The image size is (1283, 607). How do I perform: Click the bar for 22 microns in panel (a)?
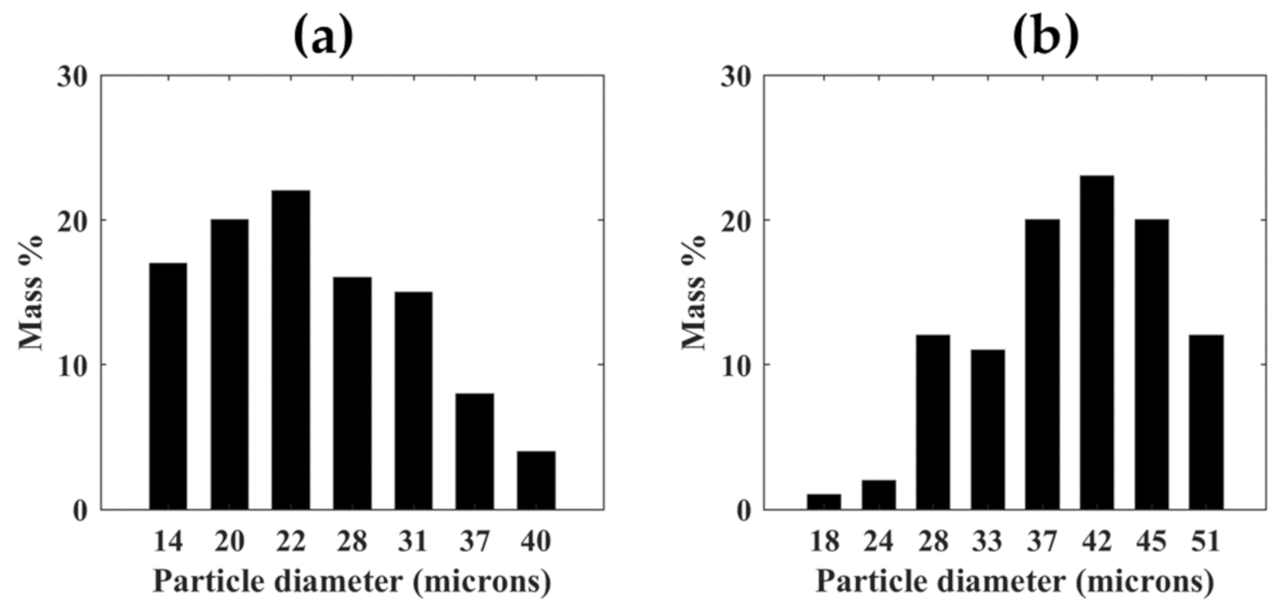click(291, 350)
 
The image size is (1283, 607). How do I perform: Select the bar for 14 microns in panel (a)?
click(168, 386)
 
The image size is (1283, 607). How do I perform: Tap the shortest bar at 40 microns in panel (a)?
click(536, 480)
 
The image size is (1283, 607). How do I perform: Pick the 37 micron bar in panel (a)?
click(474, 451)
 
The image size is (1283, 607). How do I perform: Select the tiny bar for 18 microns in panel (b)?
click(824, 502)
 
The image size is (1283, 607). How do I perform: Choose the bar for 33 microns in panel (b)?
click(987, 429)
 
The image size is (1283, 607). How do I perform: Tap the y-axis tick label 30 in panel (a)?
click(73, 76)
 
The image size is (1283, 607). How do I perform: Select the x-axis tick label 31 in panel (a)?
click(413, 543)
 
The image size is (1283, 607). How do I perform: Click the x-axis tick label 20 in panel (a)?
click(229, 543)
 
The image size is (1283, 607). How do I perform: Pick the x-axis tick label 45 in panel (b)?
click(1151, 543)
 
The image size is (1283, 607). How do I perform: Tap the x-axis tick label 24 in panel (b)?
click(878, 543)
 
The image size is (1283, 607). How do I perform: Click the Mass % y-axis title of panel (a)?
click(32, 293)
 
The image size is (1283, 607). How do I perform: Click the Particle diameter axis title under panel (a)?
click(351, 581)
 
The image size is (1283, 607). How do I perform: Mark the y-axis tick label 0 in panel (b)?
click(745, 510)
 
